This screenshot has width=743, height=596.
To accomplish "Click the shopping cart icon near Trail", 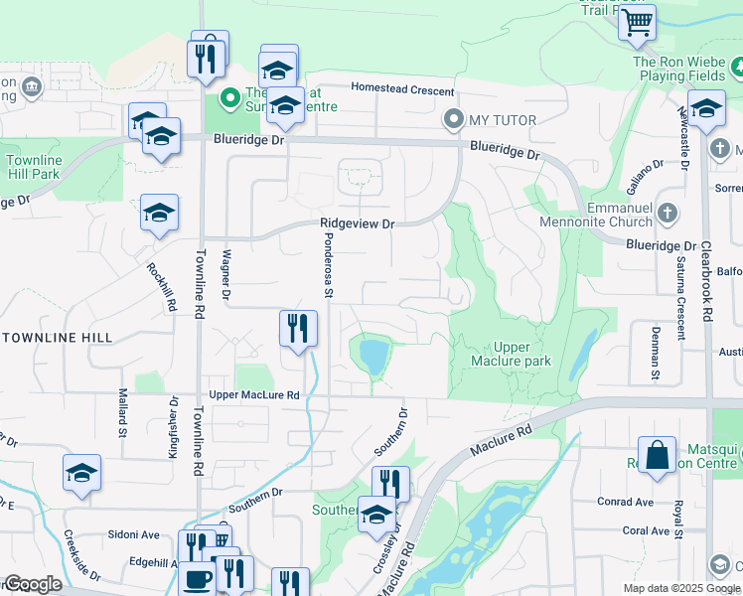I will pyautogui.click(x=636, y=21).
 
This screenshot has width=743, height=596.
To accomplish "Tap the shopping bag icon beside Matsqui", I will pyautogui.click(x=657, y=456).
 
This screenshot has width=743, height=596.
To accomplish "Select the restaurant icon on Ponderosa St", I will pyautogui.click(x=298, y=328).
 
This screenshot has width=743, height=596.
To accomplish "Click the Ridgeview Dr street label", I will pyautogui.click(x=357, y=224).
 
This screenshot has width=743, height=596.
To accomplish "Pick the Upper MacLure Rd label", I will pyautogui.click(x=254, y=395).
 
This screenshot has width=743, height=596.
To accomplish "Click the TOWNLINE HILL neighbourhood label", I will pyautogui.click(x=56, y=338).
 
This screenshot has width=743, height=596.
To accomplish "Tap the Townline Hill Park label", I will pyautogui.click(x=34, y=167).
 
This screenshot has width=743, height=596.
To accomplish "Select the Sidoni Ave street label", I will pyautogui.click(x=135, y=534).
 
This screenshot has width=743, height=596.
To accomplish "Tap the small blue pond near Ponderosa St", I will pyautogui.click(x=374, y=355).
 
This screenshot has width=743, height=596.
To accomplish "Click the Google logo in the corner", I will pyautogui.click(x=33, y=584).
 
